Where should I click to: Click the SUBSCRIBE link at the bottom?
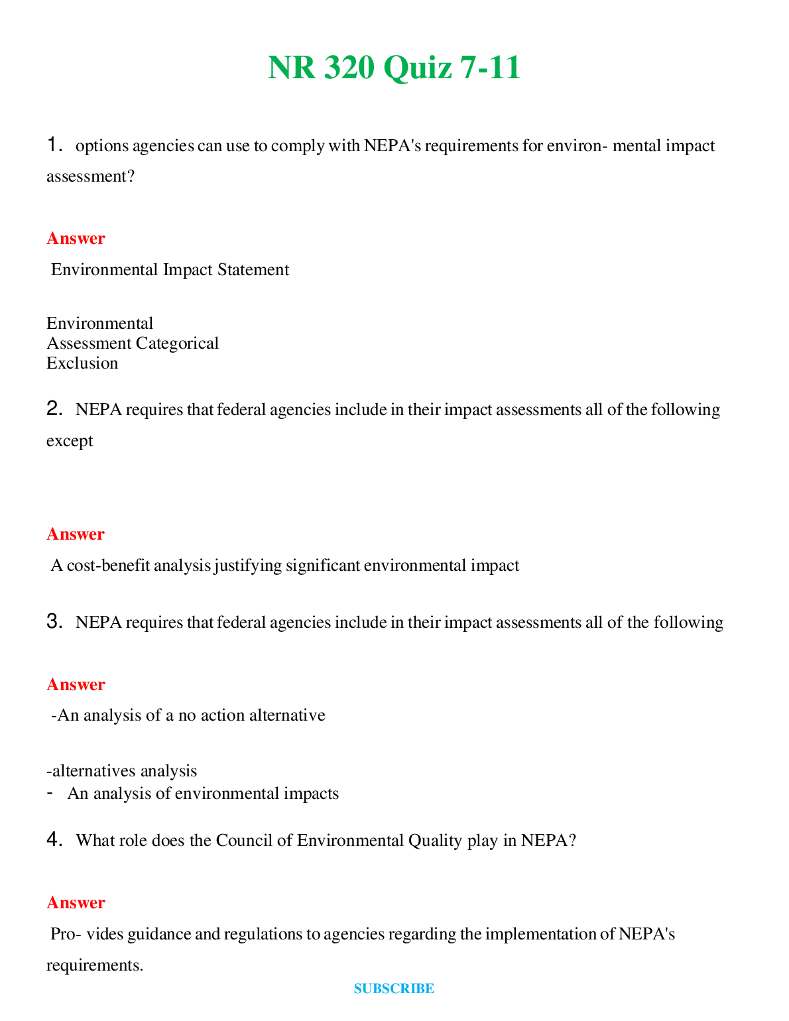[x=394, y=989]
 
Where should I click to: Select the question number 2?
[x=54, y=409]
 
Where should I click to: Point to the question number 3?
[x=54, y=622]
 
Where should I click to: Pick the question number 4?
[x=54, y=840]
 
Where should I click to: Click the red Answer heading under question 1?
[x=76, y=239]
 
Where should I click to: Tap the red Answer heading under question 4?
[x=76, y=903]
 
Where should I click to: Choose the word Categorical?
[x=177, y=343]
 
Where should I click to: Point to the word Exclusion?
[x=82, y=363]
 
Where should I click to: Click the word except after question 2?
[x=70, y=441]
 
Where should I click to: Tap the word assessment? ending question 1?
[x=90, y=176]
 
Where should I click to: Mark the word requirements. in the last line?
[x=95, y=965]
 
